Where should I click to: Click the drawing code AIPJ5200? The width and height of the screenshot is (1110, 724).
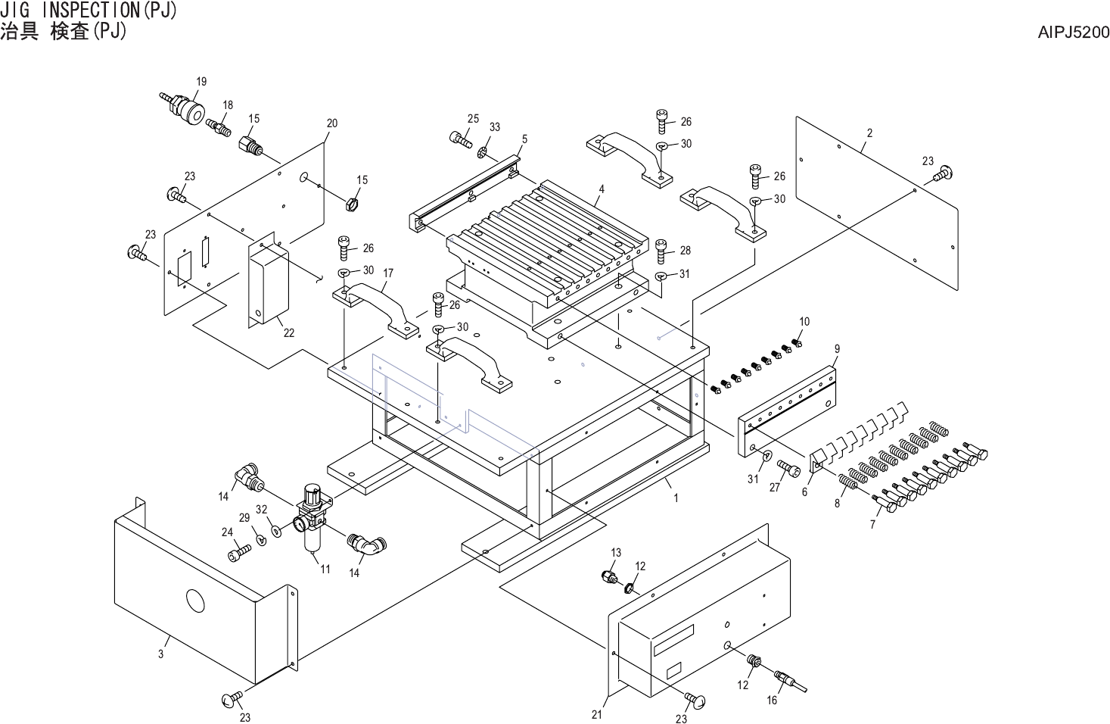(x=1073, y=33)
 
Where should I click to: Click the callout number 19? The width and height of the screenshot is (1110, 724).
(x=201, y=82)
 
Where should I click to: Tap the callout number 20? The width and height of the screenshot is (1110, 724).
(x=331, y=123)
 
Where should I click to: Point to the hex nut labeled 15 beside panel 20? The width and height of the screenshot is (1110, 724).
(x=350, y=203)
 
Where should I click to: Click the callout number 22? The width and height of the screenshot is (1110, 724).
(x=289, y=333)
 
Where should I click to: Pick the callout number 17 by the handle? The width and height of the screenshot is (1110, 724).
(x=388, y=273)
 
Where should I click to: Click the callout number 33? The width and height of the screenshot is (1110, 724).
(x=494, y=127)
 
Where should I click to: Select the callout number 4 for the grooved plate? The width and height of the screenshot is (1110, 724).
(x=602, y=188)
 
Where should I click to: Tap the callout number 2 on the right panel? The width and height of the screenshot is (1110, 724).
(x=869, y=133)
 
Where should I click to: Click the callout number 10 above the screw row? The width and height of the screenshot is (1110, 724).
(x=804, y=321)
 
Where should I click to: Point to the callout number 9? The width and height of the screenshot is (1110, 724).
(x=837, y=348)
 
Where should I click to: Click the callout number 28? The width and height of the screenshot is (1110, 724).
(x=685, y=250)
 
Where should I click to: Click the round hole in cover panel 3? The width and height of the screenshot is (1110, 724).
(x=195, y=601)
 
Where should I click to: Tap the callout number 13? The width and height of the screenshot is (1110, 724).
(x=616, y=553)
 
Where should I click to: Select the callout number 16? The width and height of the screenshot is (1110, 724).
(x=772, y=701)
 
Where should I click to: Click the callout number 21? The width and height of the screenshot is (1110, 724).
(x=596, y=714)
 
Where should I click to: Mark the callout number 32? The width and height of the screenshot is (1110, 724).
(x=262, y=509)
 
